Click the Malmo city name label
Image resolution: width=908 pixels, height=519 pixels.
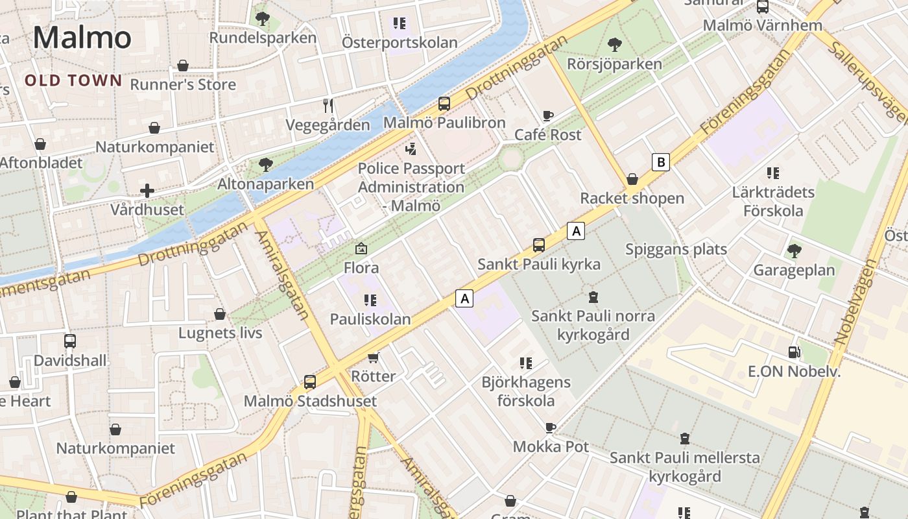click(82, 37)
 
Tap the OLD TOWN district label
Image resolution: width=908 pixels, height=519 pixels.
click(73, 80)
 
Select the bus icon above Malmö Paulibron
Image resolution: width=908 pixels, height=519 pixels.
click(444, 103)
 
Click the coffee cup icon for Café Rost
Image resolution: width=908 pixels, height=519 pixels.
click(548, 116)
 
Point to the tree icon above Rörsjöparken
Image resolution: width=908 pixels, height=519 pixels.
click(614, 45)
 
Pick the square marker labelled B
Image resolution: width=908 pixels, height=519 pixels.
click(660, 162)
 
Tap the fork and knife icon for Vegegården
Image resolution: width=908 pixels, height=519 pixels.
click(328, 105)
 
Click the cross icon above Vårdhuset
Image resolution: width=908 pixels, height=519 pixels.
click(147, 191)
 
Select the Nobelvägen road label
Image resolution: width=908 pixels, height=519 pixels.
click(851, 302)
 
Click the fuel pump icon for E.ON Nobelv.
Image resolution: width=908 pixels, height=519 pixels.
click(794, 352)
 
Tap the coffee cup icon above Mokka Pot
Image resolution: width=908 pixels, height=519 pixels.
click(551, 428)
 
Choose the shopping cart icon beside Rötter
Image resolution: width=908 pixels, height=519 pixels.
click(373, 357)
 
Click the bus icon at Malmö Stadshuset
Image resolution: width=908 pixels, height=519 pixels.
click(310, 381)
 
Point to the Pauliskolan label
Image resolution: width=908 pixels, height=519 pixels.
click(370, 319)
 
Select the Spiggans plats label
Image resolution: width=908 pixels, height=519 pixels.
click(676, 249)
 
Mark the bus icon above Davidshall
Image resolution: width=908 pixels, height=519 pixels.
click(70, 341)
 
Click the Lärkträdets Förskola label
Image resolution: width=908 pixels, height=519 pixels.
click(773, 202)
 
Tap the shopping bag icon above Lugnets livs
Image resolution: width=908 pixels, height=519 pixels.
click(220, 314)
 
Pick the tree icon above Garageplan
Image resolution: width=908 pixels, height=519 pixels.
click(794, 251)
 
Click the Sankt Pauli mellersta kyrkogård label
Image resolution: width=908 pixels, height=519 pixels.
click(684, 467)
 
